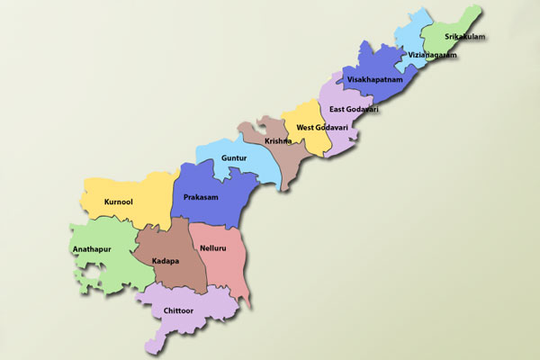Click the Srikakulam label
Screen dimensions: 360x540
465,37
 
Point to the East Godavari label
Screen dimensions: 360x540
353,109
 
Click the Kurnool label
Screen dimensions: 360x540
118,202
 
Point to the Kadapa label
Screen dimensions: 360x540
166,261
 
